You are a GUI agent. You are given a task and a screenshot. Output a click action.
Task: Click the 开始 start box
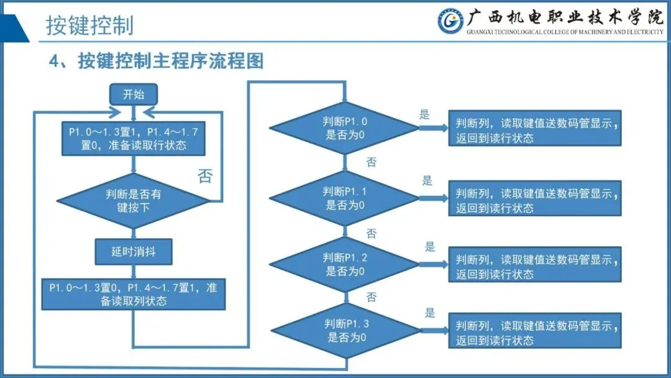click(x=133, y=95)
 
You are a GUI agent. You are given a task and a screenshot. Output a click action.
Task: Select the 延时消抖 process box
click(x=133, y=252)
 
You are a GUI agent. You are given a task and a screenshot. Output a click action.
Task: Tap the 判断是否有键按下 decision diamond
click(x=133, y=201)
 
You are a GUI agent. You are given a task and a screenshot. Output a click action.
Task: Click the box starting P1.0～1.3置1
click(x=133, y=139)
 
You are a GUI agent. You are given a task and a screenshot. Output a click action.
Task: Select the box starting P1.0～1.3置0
click(x=133, y=294)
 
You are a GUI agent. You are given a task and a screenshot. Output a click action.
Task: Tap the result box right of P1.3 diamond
click(x=535, y=332)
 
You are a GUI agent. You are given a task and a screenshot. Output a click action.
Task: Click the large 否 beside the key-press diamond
click(x=205, y=176)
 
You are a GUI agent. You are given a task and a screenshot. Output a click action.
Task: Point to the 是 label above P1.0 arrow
click(x=425, y=114)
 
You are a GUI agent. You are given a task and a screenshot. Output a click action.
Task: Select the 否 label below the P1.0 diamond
click(x=371, y=162)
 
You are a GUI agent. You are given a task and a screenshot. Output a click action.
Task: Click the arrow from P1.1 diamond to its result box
click(x=433, y=198)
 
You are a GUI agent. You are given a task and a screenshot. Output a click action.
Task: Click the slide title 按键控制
click(x=89, y=26)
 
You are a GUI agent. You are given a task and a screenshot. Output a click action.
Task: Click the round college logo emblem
click(x=450, y=21)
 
